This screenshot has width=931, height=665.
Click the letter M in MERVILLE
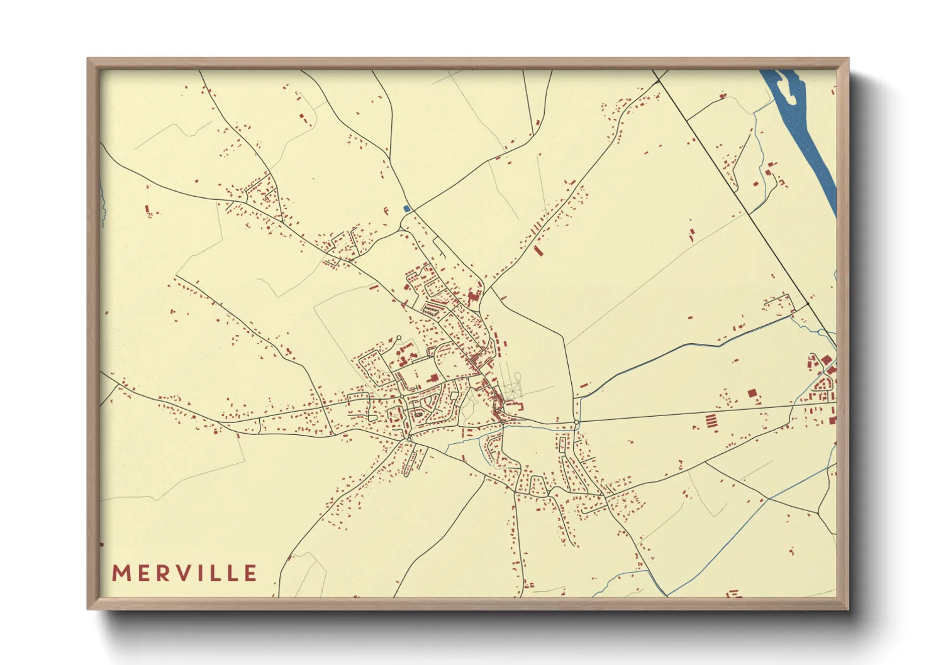[121, 573]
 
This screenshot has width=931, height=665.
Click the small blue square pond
[406, 208]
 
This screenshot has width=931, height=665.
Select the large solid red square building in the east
[752, 393]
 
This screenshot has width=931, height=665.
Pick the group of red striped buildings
[711, 420]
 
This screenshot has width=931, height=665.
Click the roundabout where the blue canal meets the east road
[576, 422]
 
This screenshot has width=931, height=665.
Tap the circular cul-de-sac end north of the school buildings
[398, 338]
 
